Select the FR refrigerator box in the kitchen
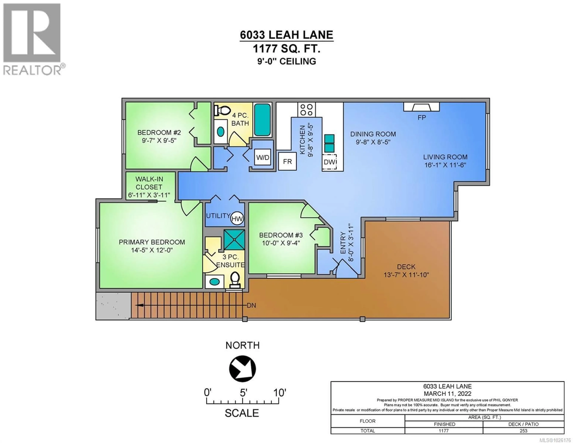click(287, 161)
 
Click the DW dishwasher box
click(329, 162)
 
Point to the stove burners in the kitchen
click(306, 109)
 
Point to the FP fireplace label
click(422, 118)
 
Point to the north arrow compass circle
click(242, 369)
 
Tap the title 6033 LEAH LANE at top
click(286, 35)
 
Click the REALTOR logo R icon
click(32, 33)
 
